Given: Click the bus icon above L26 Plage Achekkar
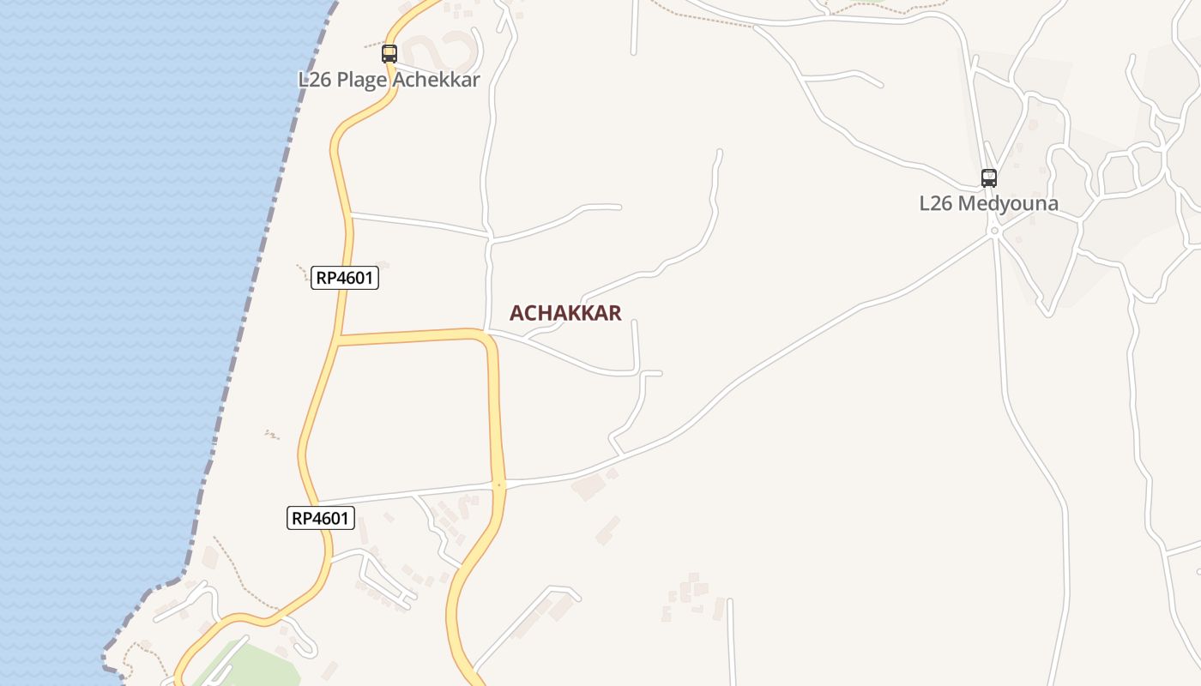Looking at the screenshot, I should [x=389, y=54].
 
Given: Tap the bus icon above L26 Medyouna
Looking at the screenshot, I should [x=989, y=178].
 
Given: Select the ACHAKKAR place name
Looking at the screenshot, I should [x=565, y=313].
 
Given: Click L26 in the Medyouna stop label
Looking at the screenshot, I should [x=936, y=204].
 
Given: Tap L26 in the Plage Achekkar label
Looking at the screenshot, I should [x=315, y=80].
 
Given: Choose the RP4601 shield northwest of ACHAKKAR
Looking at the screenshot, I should [x=345, y=278].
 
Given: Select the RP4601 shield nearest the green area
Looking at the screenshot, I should [x=321, y=518].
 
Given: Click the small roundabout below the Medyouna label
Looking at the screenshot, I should [x=994, y=231].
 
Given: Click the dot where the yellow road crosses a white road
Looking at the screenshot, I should [x=499, y=485].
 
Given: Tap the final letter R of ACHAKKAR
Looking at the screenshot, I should [x=614, y=313].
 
